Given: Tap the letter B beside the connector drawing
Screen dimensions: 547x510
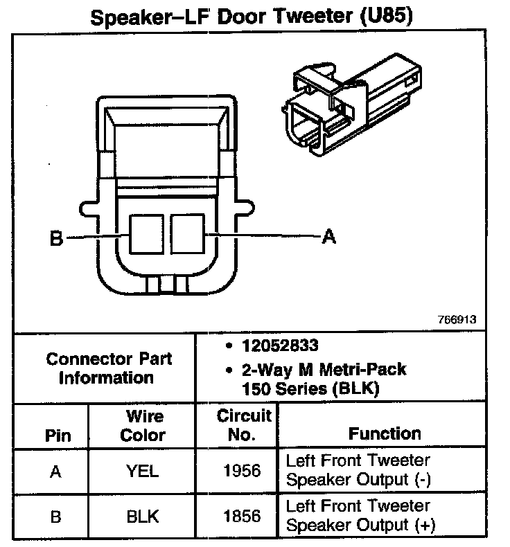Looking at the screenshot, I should click(x=56, y=240).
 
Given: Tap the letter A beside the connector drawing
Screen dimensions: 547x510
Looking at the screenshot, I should click(x=329, y=237).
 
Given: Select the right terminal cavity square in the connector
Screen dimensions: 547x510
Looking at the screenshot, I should click(x=188, y=233).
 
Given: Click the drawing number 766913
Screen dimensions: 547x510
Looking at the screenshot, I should click(x=457, y=321).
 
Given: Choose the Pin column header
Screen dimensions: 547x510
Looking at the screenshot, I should click(x=58, y=436).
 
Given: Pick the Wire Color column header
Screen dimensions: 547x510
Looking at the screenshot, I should click(x=143, y=426).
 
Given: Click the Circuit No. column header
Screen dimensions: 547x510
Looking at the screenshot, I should click(x=243, y=426).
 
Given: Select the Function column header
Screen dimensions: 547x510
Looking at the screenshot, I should click(x=385, y=434).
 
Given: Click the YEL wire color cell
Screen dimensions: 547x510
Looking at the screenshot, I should click(x=143, y=472).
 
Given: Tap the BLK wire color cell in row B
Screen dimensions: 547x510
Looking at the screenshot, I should click(x=143, y=517).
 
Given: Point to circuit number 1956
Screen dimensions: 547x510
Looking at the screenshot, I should click(x=243, y=472).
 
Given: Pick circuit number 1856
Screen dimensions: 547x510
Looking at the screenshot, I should click(x=243, y=517).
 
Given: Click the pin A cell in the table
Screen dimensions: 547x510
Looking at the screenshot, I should click(x=56, y=472).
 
